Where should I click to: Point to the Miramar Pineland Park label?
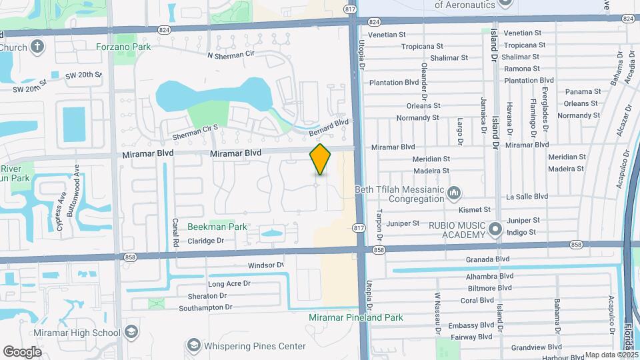(x=355, y=317)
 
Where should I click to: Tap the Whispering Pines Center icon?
(x=193, y=345)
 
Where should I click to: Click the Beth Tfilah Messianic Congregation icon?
(x=455, y=193)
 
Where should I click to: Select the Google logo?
(x=22, y=351)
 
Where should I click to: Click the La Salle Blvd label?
(x=527, y=197)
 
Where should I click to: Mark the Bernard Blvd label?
(x=329, y=128)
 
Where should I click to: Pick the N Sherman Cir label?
(x=231, y=56)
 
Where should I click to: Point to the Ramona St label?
(x=517, y=69)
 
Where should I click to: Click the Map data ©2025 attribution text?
(x=610, y=355)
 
